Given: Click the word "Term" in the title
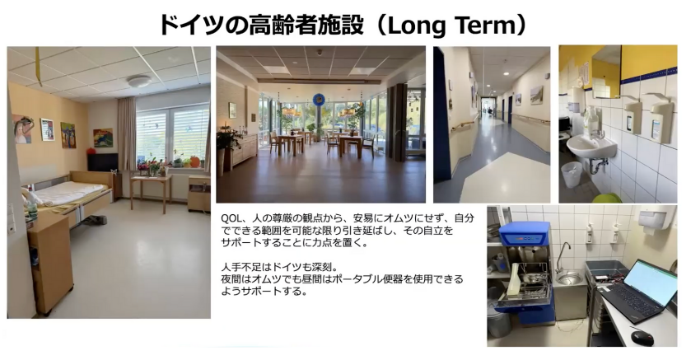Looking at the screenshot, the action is [483, 25].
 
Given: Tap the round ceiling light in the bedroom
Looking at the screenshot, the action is [139, 81].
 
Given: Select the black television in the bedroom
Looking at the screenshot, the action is [102, 162].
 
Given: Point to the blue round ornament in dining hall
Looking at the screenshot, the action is [319, 100].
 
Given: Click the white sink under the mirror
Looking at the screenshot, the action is [591, 146].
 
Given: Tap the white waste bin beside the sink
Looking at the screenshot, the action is [572, 175].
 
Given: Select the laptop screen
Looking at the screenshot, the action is [650, 282].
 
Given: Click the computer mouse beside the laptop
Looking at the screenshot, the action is [642, 338].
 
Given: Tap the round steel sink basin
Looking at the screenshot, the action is [569, 278].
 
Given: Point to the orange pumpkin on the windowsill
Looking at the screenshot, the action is [194, 161].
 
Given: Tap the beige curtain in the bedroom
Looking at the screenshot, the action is [127, 134].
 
